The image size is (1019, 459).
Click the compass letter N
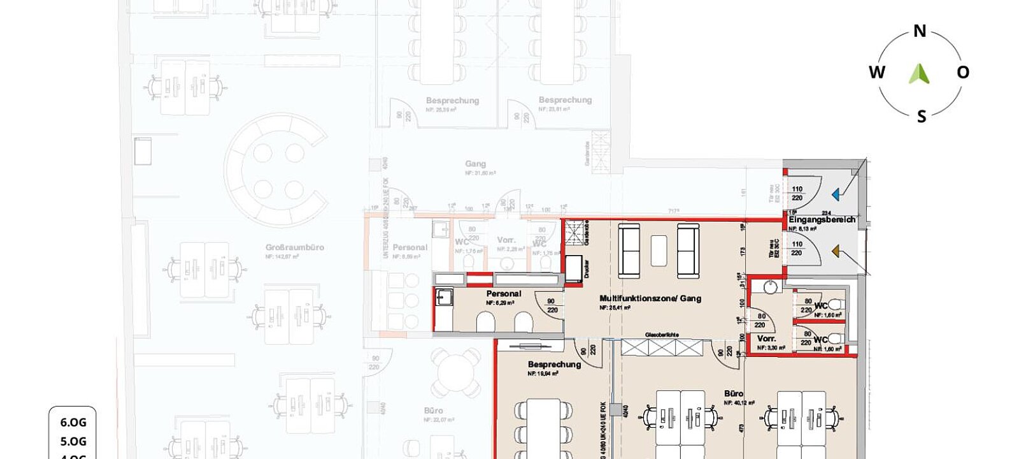coord(920,31)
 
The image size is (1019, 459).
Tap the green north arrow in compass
coord(919,74)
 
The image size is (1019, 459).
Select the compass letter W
coord(877,72)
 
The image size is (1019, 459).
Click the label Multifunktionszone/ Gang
coord(650,298)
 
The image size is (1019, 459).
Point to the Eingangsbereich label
coord(822,219)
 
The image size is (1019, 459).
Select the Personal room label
coord(503,293)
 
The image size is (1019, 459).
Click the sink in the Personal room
coord(444,296)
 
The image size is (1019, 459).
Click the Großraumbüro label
coord(295,247)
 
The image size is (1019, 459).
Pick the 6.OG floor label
coord(73,422)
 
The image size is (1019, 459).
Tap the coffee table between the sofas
coord(659,251)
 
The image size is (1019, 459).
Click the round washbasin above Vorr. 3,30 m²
coord(771,287)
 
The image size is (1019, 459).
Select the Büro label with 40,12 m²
coord(734,393)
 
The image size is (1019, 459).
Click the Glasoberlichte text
coord(662,334)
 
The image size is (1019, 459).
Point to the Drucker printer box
coord(574,268)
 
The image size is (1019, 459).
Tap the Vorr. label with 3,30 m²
coord(766,339)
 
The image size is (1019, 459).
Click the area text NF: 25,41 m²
coord(615,307)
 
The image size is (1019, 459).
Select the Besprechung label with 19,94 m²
coord(554,364)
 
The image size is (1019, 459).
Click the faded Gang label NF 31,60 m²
coord(475,164)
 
